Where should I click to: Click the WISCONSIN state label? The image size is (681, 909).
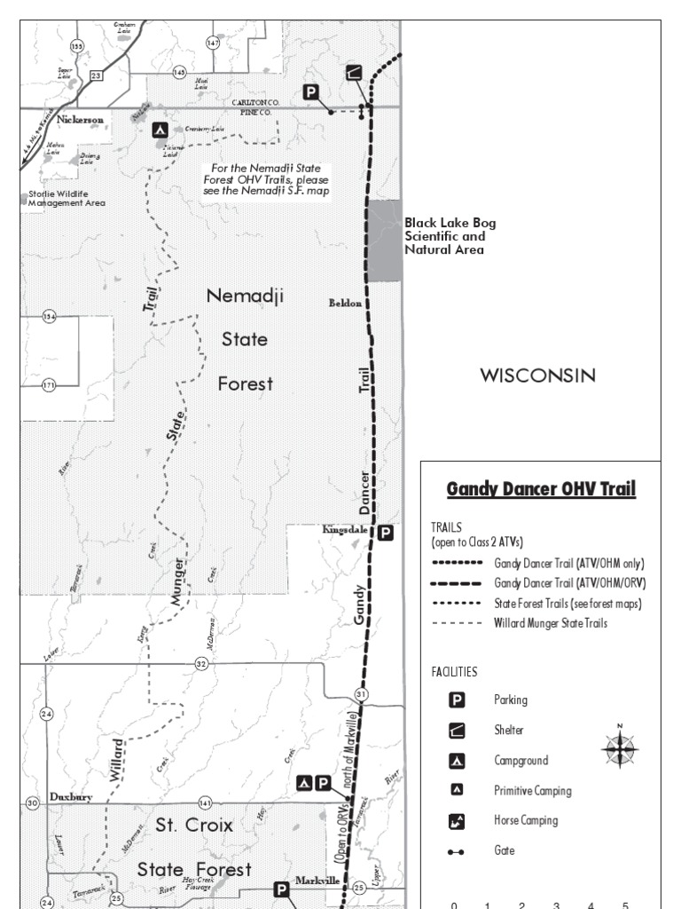coord(537,375)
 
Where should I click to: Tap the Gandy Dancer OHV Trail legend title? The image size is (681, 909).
coord(541,489)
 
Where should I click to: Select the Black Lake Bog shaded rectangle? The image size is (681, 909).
coord(385,241)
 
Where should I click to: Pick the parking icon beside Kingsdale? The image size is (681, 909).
coord(385,533)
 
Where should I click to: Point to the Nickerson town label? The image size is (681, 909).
coord(81,119)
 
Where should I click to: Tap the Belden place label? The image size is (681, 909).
coord(346,303)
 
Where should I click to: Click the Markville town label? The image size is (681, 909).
coord(317,880)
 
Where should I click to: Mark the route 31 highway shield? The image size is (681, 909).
coord(361,693)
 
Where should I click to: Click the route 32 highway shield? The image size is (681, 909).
coord(201,664)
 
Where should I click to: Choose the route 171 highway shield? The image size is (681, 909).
coord(49,384)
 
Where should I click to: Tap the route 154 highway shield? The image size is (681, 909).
coord(49,317)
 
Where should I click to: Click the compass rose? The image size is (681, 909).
coord(620,749)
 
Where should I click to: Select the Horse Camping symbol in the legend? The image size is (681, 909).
coord(456,821)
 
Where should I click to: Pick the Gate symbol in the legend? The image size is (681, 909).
coord(456,851)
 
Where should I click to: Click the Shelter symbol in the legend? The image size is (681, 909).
coord(456,731)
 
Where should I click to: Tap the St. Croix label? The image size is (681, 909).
coord(194,826)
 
